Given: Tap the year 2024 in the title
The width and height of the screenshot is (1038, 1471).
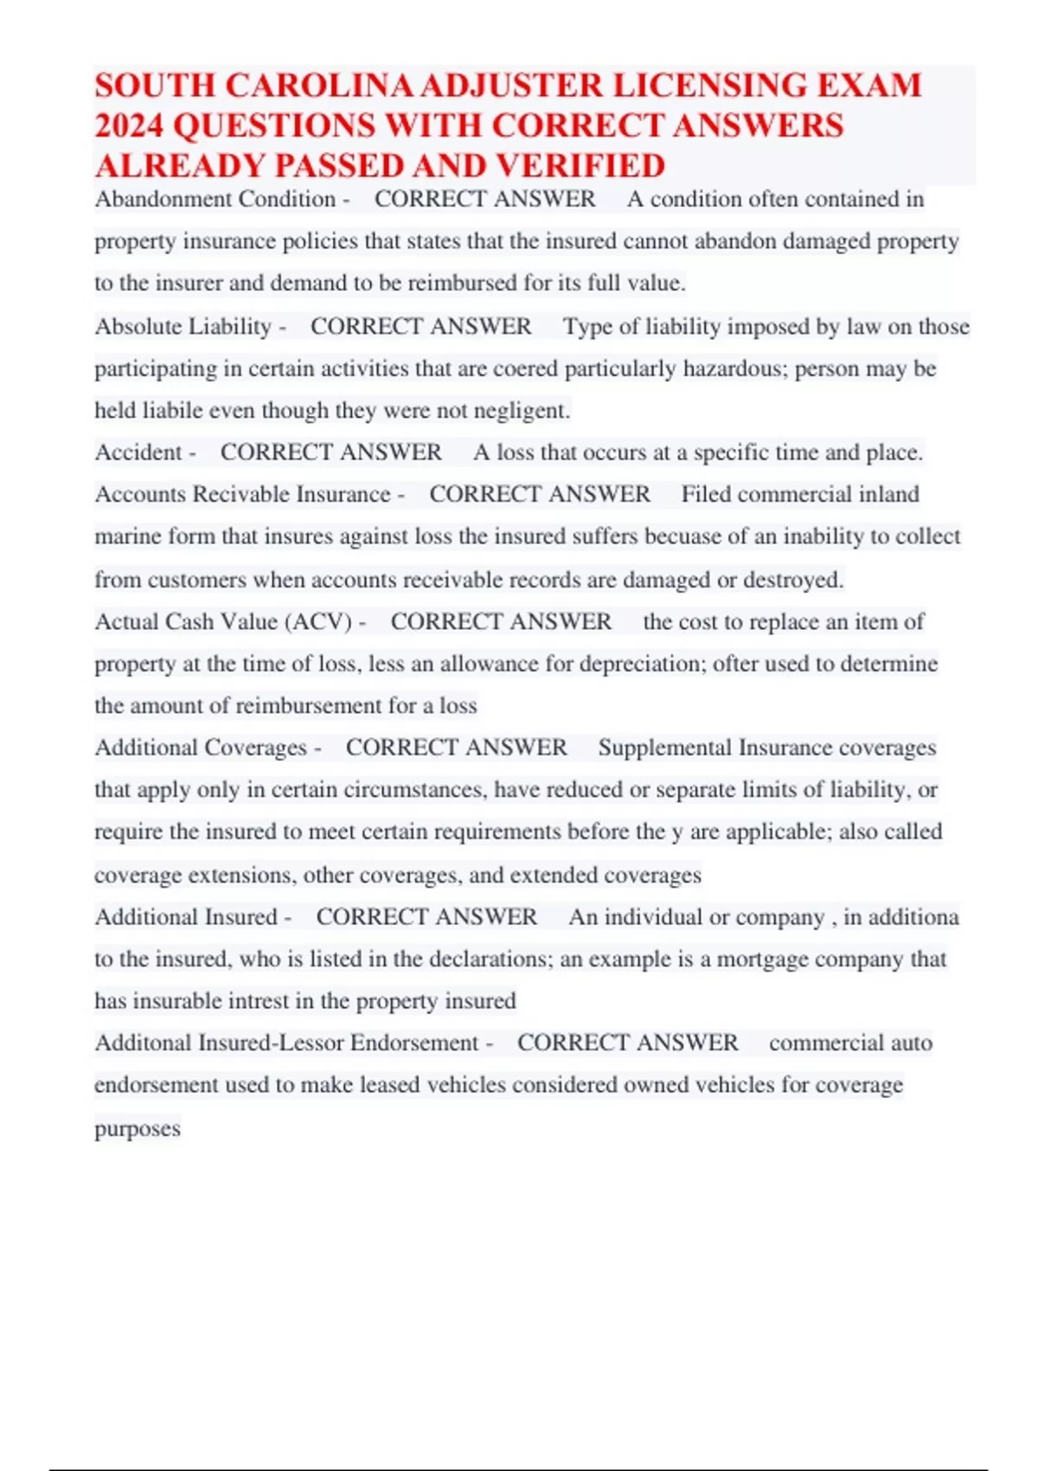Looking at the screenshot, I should point(129,126).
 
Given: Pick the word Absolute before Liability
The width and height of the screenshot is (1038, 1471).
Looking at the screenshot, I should point(138,326).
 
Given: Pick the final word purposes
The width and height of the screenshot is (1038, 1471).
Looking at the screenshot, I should point(138,1128).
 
